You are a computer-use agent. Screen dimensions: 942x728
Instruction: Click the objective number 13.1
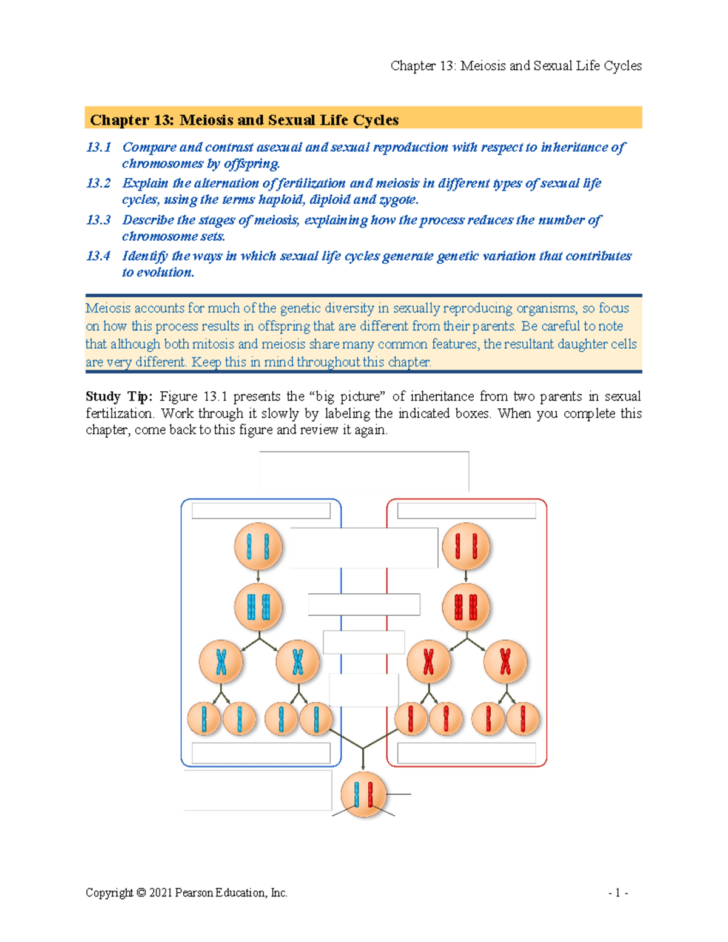point(98,147)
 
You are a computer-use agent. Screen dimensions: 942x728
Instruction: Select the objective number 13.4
point(98,256)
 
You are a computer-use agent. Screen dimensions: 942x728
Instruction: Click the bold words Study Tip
point(119,397)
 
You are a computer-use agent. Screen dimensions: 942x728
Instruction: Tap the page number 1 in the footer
point(618,893)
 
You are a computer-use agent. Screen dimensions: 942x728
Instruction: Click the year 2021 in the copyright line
point(160,893)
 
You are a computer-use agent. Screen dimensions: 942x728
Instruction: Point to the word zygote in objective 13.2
point(398,200)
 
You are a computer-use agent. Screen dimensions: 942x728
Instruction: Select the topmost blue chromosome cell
point(258,547)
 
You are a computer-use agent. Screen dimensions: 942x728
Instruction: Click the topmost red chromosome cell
point(466,547)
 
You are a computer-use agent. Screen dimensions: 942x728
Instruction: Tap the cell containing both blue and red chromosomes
point(363,795)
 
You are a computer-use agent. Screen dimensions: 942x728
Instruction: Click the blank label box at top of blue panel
point(261,511)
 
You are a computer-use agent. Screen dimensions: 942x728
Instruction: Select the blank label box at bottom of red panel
point(466,753)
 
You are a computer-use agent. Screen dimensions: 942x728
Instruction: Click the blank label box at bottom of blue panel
point(261,753)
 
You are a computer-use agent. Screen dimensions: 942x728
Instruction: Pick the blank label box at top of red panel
point(466,511)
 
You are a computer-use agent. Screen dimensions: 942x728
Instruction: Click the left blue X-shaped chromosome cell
point(221,662)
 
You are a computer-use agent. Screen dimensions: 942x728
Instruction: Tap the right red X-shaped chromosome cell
point(505,662)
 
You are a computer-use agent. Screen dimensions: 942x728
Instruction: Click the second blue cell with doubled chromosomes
point(258,607)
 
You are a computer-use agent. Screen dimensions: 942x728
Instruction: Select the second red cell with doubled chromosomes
point(466,607)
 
